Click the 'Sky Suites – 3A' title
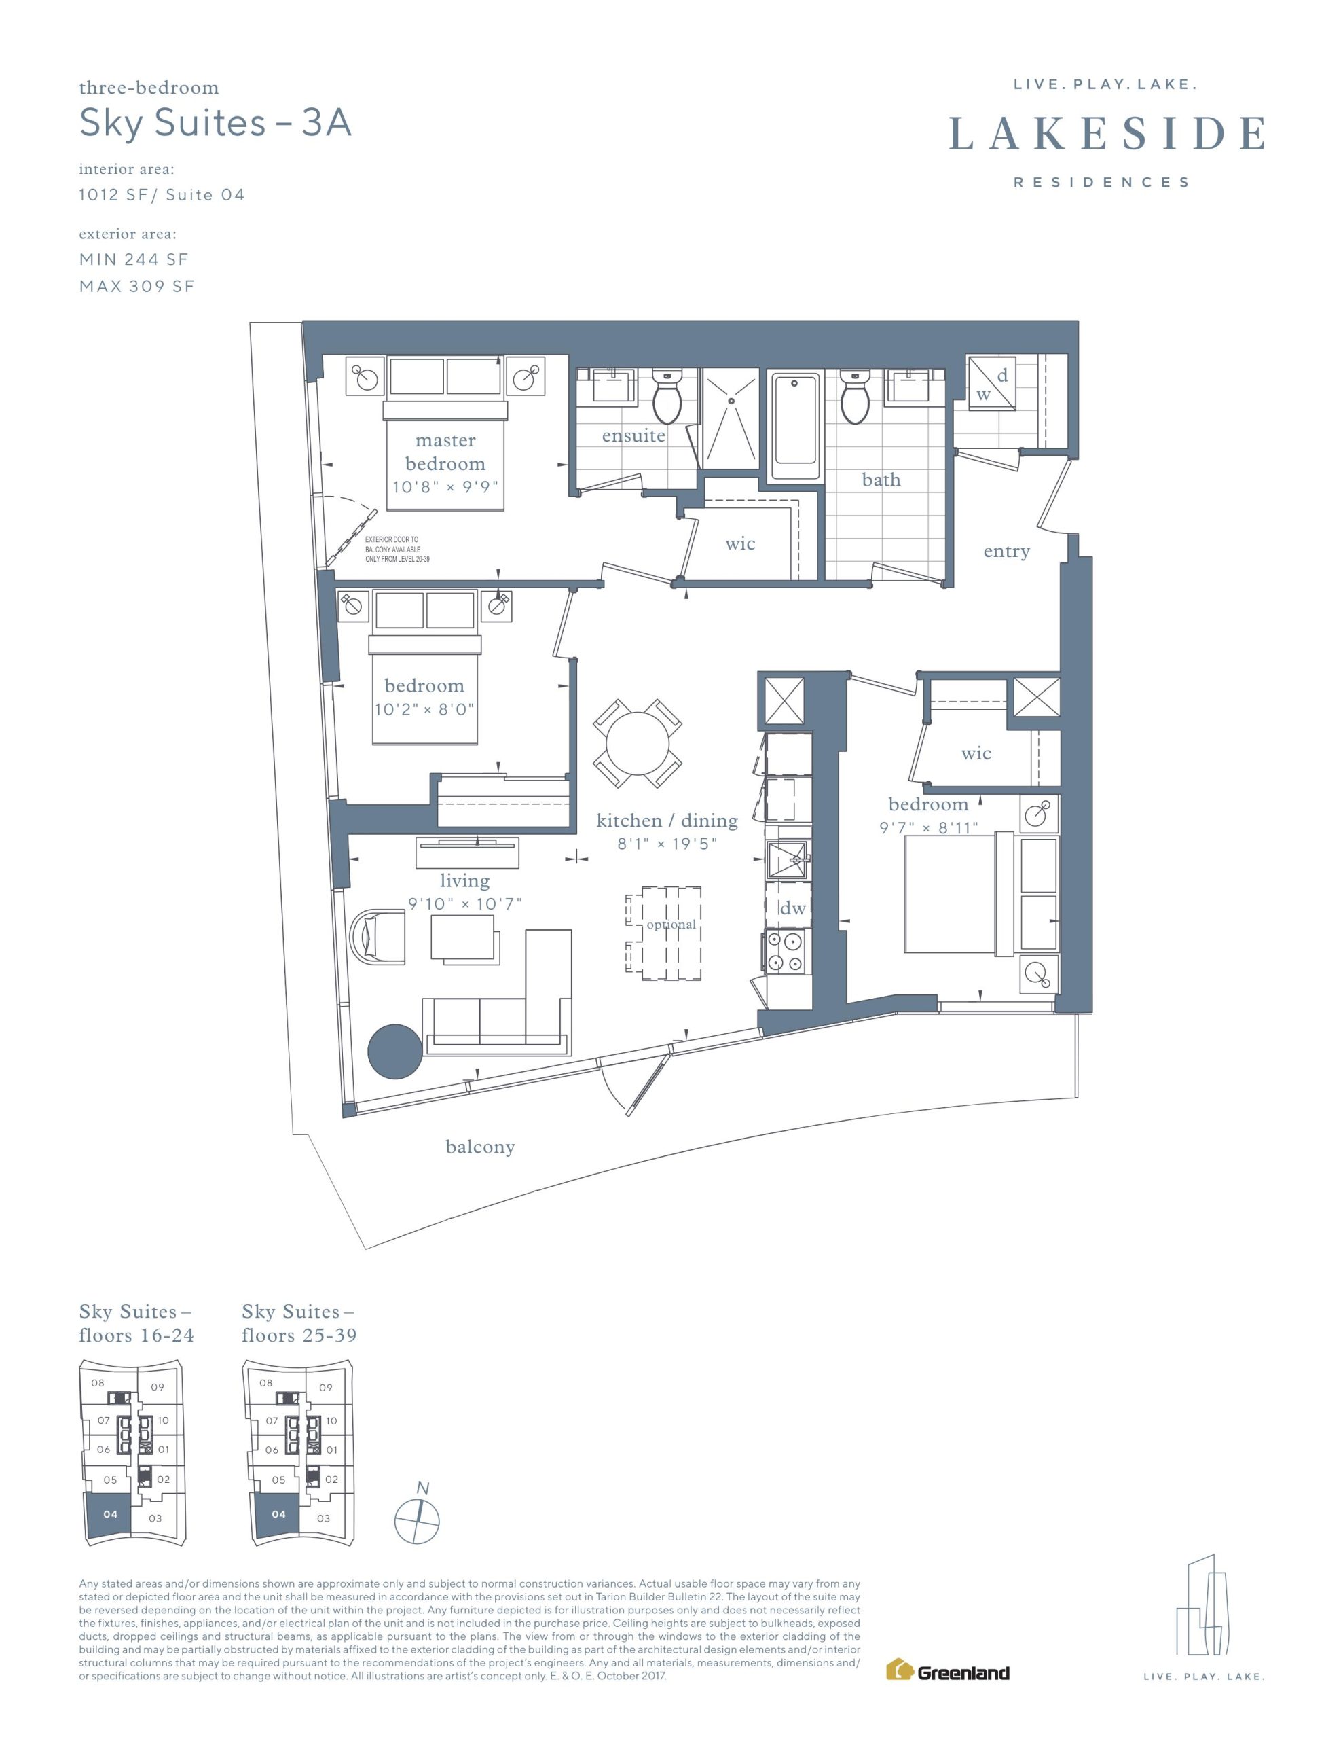pyautogui.click(x=215, y=124)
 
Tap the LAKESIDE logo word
pyautogui.click(x=1107, y=134)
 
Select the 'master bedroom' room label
pyautogui.click(x=445, y=452)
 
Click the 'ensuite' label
pyautogui.click(x=633, y=435)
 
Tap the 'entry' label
pyautogui.click(x=1006, y=551)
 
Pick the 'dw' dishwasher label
pyautogui.click(x=792, y=907)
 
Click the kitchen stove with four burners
pyautogui.click(x=785, y=952)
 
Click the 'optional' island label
pyautogui.click(x=671, y=925)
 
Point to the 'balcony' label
pyautogui.click(x=480, y=1147)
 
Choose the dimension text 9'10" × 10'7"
pyautogui.click(x=465, y=903)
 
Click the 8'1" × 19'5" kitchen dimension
pyautogui.click(x=667, y=843)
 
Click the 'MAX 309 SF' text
pyautogui.click(x=137, y=287)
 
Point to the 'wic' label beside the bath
pyautogui.click(x=739, y=544)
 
